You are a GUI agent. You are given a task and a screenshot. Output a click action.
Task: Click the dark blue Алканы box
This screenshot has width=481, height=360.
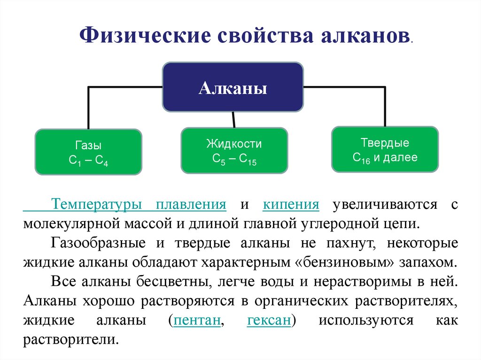(x=233, y=87)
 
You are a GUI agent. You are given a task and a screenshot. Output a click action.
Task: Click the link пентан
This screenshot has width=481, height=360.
(x=197, y=321)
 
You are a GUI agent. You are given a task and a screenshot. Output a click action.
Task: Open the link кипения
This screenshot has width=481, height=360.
(x=291, y=205)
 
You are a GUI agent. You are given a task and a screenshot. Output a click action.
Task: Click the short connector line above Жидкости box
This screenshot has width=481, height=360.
(x=234, y=120)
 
